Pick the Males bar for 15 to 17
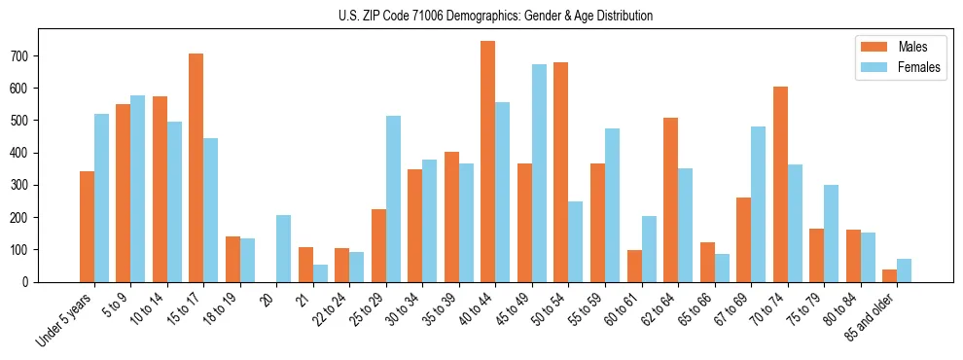click(x=196, y=167)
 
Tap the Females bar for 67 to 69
click(x=758, y=204)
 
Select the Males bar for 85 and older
click(x=889, y=275)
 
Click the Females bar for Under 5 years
click(x=101, y=198)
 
